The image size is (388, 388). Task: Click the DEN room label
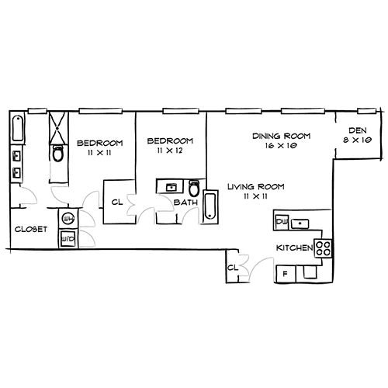(x=358, y=130)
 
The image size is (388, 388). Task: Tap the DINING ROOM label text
(x=282, y=136)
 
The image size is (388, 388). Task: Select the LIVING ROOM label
(x=256, y=186)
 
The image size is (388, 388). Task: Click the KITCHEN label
(x=295, y=248)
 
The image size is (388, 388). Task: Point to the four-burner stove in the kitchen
(x=323, y=248)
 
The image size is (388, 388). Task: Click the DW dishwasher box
(x=281, y=222)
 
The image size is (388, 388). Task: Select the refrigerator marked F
(x=286, y=274)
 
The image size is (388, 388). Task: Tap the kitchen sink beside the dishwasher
(x=300, y=223)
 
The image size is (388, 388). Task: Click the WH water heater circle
(x=68, y=219)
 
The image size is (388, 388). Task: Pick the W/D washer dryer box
(x=68, y=239)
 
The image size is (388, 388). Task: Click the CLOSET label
(x=31, y=229)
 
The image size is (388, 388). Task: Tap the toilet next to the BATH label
(x=194, y=188)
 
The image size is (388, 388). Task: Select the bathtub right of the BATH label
(x=210, y=206)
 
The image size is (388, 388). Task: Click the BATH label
(x=185, y=203)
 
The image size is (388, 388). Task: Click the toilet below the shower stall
(x=58, y=154)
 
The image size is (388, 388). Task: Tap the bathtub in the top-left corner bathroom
(x=18, y=129)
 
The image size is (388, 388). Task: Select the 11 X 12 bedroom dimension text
(x=170, y=151)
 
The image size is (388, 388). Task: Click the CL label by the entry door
(x=233, y=268)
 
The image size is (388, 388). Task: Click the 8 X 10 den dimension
(x=358, y=140)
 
